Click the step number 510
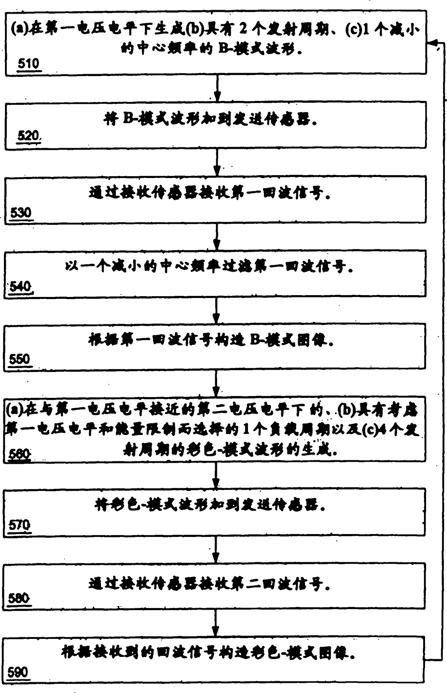[x=28, y=64]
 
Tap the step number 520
[x=28, y=136]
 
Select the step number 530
[x=21, y=213]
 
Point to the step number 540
[x=21, y=286]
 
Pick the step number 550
[x=20, y=359]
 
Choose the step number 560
[x=19, y=454]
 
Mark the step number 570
[x=19, y=525]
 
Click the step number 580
[x=19, y=599]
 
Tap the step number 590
[x=18, y=672]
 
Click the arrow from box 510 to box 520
[x=217, y=88]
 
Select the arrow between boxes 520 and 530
[x=217, y=162]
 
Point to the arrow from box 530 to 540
[x=216, y=236]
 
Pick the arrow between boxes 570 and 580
[x=216, y=550]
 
